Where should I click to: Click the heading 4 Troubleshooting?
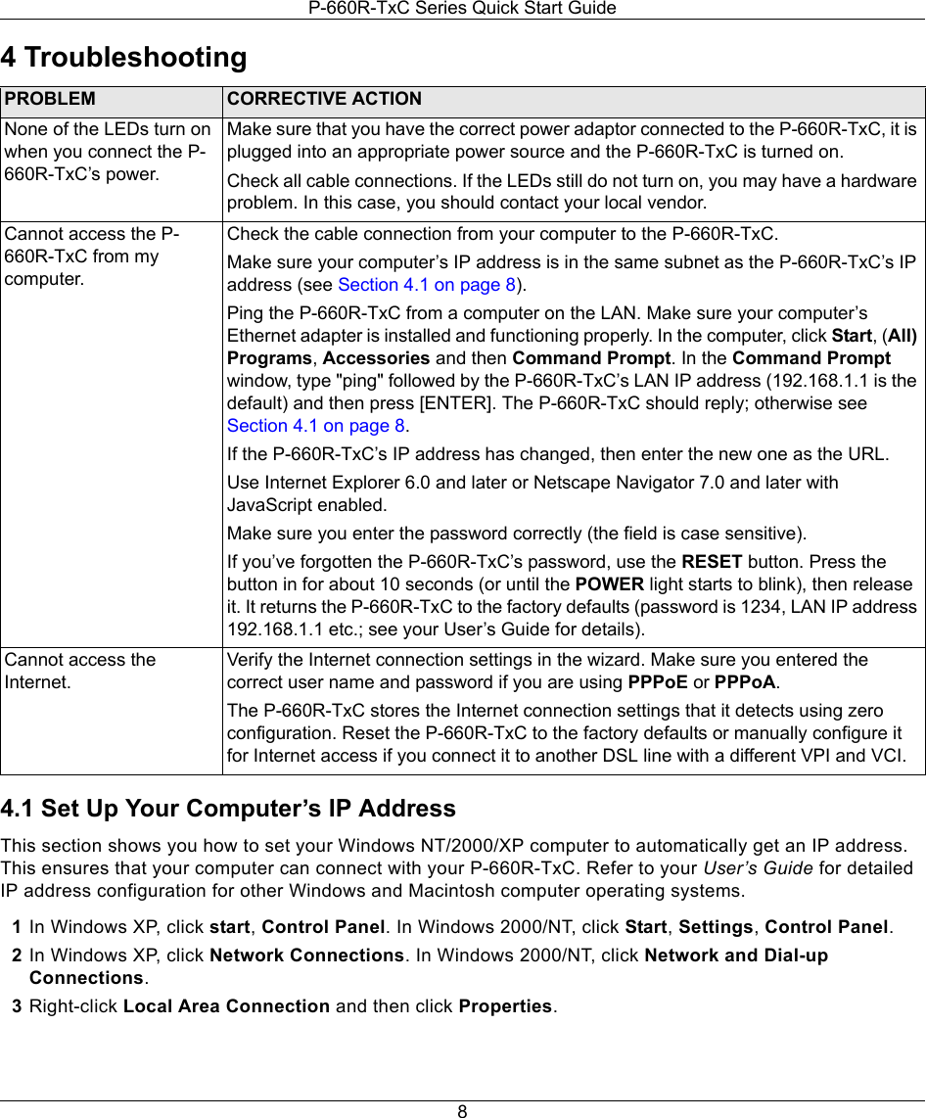(124, 57)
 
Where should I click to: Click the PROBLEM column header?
(49, 99)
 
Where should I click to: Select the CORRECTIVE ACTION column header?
(324, 99)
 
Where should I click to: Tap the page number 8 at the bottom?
(462, 1110)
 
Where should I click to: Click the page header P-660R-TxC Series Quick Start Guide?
(462, 9)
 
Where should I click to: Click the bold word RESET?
(711, 562)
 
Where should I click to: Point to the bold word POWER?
(609, 584)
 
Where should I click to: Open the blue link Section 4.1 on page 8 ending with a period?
(316, 426)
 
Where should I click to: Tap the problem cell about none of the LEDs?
(107, 152)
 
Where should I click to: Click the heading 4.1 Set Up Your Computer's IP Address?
(228, 809)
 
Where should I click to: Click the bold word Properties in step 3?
(505, 1006)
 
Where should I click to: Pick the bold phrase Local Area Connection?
(226, 1006)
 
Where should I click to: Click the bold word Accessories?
(376, 357)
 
